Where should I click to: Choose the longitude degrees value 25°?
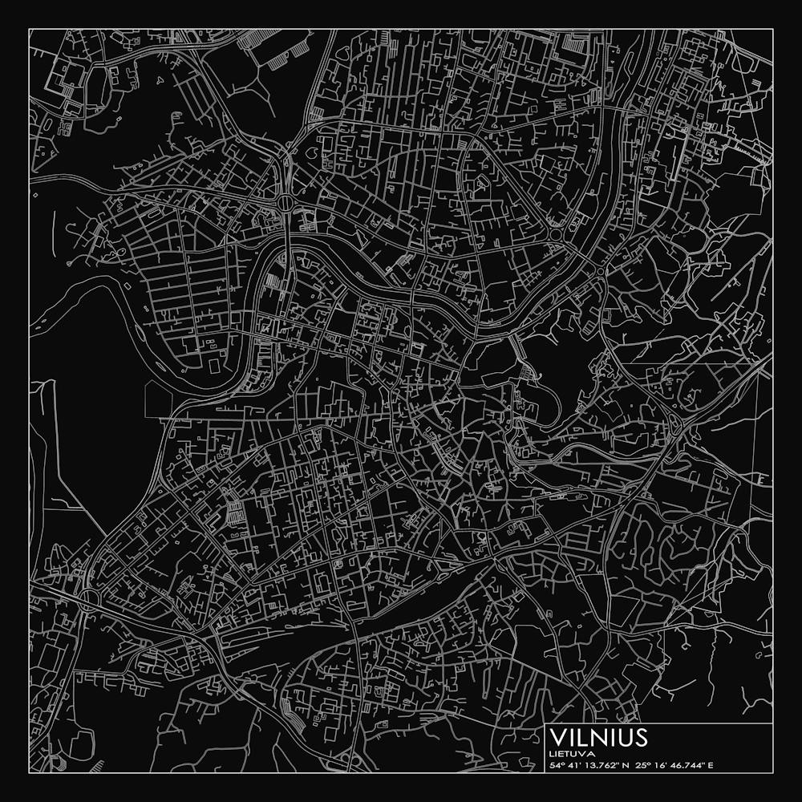tap(642, 765)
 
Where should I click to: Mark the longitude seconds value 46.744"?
tap(684, 765)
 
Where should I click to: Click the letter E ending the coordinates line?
tap(710, 765)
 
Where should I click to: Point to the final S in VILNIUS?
tap(639, 737)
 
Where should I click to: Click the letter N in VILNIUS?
tap(595, 737)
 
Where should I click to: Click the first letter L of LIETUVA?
tap(553, 754)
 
